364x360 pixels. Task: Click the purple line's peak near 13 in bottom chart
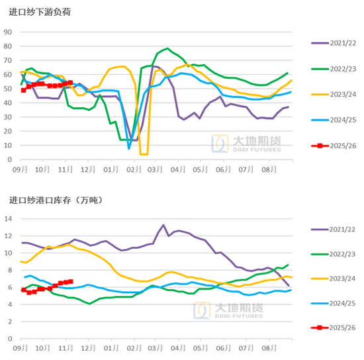point(163,226)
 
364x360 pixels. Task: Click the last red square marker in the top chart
point(70,83)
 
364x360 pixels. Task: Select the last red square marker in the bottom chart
point(71,281)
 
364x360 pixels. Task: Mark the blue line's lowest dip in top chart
point(129,148)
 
